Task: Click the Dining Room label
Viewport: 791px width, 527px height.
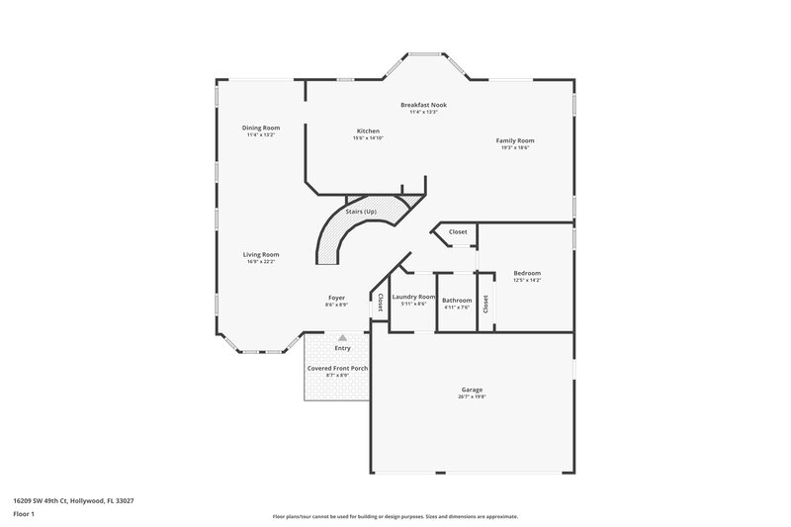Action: point(262,128)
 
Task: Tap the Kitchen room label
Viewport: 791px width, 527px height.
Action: point(368,132)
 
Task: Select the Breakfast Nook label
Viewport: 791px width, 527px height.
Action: point(423,105)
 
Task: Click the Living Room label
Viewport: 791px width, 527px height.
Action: point(261,254)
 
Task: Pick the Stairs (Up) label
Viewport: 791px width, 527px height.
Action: point(360,212)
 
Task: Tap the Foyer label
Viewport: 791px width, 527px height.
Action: point(337,298)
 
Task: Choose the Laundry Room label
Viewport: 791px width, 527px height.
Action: point(413,297)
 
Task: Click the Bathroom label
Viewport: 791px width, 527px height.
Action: point(457,300)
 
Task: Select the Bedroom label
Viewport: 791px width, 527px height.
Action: point(527,273)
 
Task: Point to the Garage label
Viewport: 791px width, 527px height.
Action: point(472,390)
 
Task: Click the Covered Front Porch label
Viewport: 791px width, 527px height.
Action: point(337,368)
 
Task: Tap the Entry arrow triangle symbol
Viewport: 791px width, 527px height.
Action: point(342,337)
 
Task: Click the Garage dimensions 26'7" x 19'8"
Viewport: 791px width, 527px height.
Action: point(472,396)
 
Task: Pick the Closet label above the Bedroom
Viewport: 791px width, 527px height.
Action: point(458,231)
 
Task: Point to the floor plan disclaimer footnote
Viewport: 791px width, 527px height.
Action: point(395,516)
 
